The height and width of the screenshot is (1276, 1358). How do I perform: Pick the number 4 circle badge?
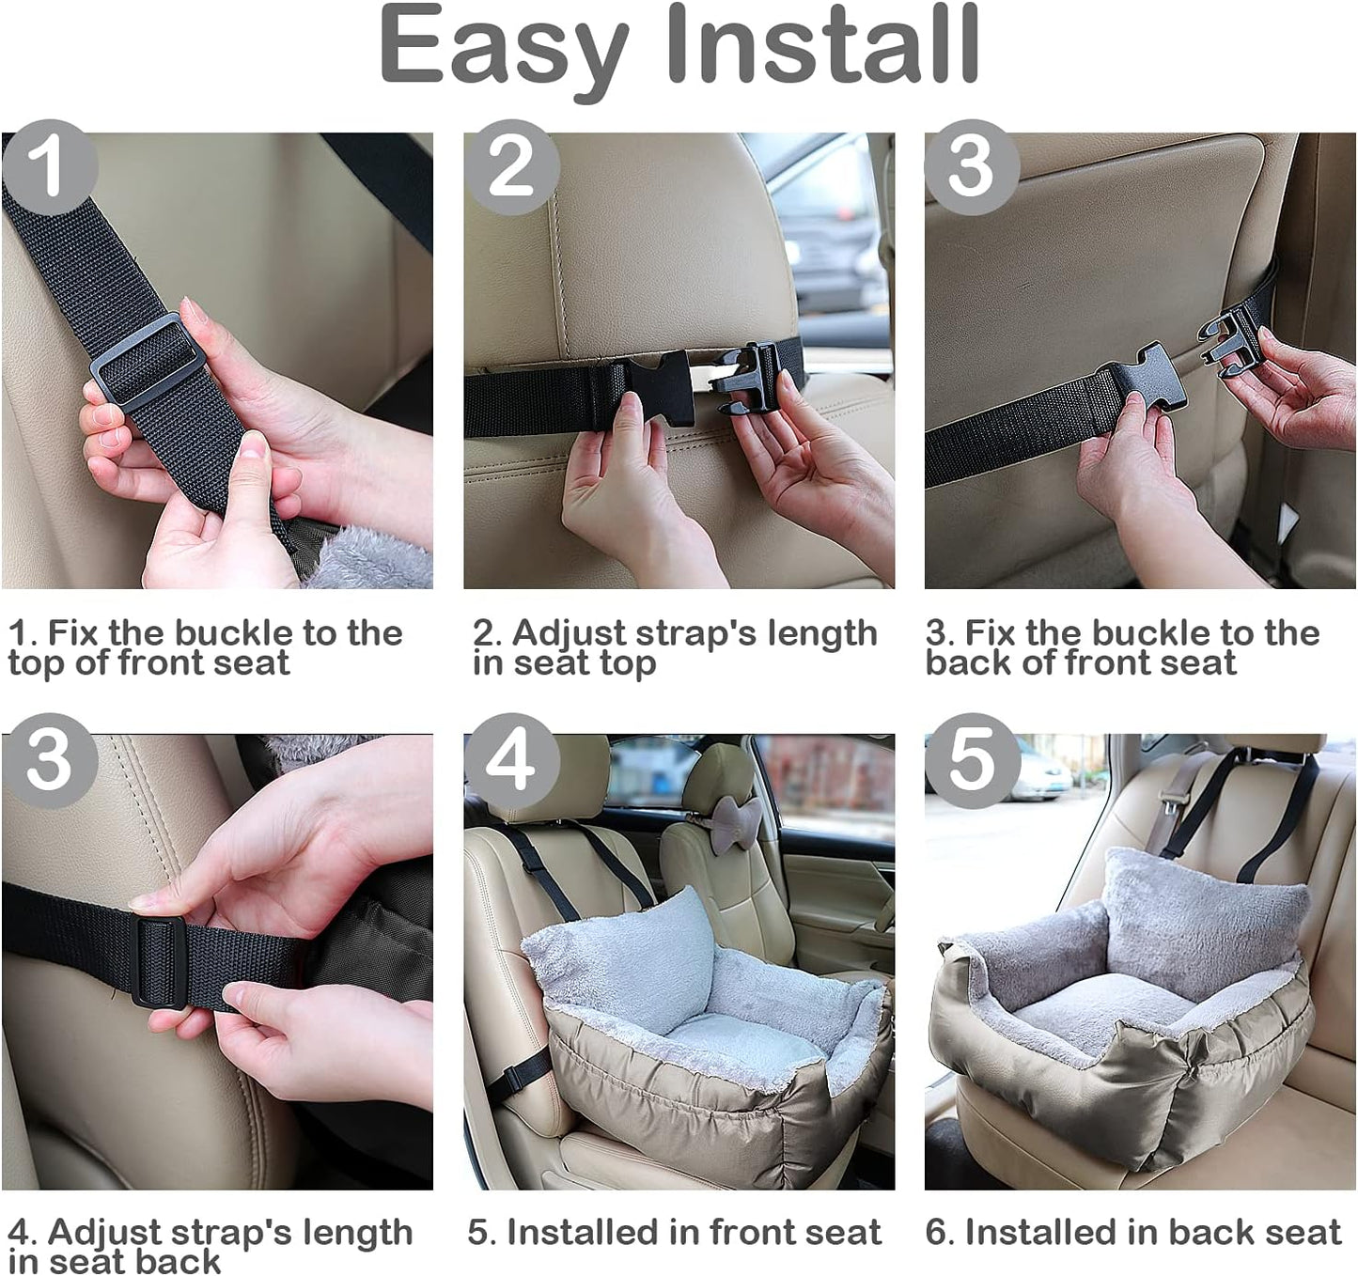(511, 762)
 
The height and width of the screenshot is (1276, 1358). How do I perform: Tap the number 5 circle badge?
(972, 762)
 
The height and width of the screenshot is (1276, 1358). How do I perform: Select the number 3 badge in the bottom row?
(49, 762)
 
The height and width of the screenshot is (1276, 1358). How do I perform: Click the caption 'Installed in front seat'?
(675, 1232)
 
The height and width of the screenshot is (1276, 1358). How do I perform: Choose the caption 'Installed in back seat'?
(1133, 1232)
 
